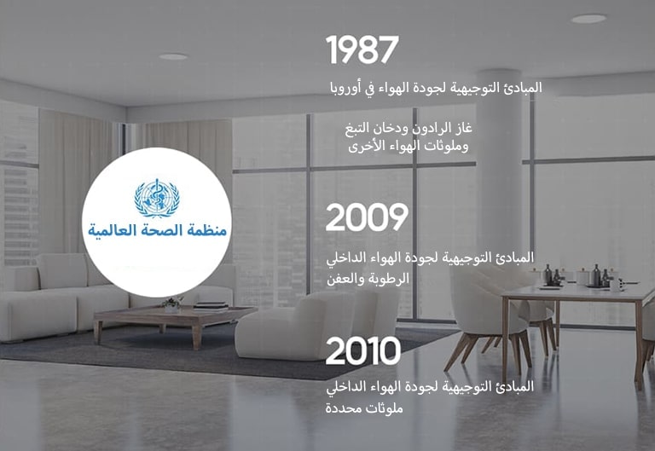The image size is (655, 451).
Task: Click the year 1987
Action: point(362,50)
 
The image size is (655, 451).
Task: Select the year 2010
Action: point(363,351)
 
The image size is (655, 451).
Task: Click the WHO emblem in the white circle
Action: point(157,197)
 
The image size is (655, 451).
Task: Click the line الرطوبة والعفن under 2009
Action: point(368,279)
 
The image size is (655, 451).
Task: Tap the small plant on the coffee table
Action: point(171,303)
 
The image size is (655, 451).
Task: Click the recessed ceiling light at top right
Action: point(588,19)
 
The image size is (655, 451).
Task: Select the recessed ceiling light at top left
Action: point(173,56)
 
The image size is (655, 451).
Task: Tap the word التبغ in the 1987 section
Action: point(358,129)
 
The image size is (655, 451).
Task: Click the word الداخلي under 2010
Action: point(349,387)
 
